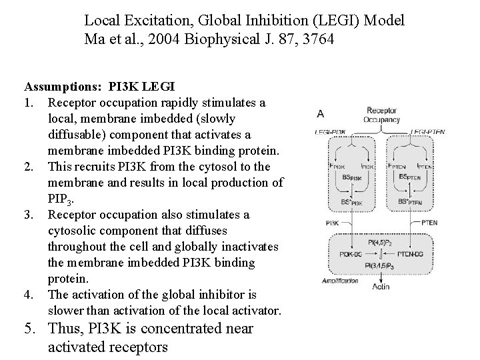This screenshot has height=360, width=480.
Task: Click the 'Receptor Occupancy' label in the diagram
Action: coord(383,115)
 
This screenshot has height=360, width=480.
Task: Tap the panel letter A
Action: coord(321,113)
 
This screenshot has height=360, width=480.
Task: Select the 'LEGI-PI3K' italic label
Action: coord(331,133)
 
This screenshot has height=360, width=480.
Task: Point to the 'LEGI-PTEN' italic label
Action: coord(428,133)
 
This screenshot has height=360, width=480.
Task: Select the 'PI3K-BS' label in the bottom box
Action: coord(350,254)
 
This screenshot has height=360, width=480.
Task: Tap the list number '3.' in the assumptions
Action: coord(29,215)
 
